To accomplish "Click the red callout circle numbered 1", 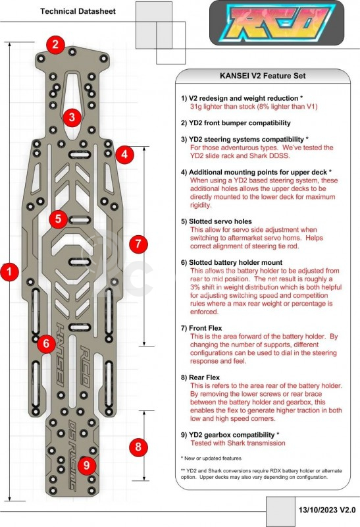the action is pos(10,271).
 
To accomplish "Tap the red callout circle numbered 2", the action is pos(56,44).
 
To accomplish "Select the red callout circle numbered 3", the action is pos(72,117).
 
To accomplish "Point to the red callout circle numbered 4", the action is pos(124,155).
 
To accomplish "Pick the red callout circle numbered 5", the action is pos(59,219).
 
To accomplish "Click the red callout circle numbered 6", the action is pos(46,343).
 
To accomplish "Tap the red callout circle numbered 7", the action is pos(138,244).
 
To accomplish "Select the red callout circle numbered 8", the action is pos(138,447).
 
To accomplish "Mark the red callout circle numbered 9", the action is pos(87,466).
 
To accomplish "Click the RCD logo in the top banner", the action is pos(276,23).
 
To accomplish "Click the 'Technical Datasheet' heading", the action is pos(78,11).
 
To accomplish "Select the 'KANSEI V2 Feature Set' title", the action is pos(263,76).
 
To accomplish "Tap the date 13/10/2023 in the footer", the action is pos(317,510).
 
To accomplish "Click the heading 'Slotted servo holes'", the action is pos(220,221).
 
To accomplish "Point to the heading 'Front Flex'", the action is pos(205,328).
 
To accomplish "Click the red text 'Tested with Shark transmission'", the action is pos(238,443).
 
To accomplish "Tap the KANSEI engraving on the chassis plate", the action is pos(61,354).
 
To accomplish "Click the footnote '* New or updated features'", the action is pos(211,458).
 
